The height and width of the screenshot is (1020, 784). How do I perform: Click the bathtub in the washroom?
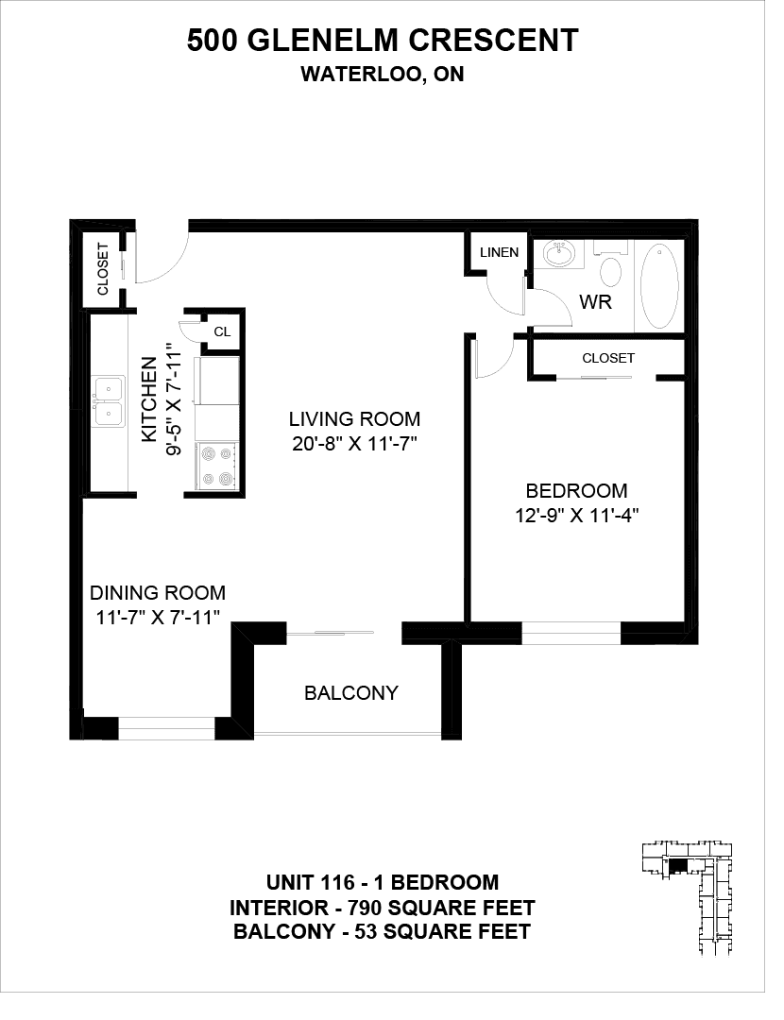(659, 285)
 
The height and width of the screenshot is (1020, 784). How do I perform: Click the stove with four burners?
(217, 465)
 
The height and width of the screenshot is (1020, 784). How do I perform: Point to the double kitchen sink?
(109, 400)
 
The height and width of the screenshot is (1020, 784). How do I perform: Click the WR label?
(595, 302)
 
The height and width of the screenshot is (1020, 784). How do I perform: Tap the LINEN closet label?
(499, 252)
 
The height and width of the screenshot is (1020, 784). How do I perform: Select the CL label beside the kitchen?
(223, 331)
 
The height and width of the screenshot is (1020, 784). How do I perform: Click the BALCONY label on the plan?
(351, 693)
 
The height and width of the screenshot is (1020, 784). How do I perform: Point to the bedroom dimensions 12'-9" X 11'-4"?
(576, 516)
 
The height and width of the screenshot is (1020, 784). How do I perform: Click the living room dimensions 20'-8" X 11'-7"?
(354, 444)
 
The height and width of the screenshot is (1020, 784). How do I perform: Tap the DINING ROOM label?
(158, 592)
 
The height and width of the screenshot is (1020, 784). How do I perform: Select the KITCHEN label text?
(149, 399)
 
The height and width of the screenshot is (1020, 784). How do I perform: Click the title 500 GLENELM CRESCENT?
(383, 41)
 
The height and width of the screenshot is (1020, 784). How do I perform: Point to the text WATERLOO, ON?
(383, 75)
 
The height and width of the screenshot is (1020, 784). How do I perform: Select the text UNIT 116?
(311, 883)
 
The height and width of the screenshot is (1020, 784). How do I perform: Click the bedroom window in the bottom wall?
(571, 634)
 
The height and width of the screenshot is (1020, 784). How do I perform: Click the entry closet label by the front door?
(103, 268)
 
